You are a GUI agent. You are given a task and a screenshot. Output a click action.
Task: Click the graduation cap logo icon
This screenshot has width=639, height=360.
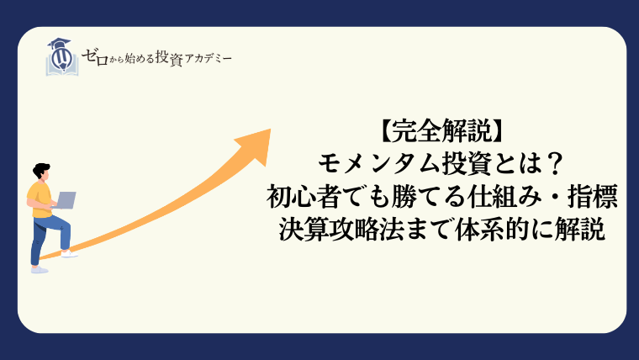[62, 57]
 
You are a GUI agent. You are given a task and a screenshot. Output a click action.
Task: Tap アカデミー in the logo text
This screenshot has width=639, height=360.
[209, 59]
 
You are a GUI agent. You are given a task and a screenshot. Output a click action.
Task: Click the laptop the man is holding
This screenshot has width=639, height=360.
[65, 200]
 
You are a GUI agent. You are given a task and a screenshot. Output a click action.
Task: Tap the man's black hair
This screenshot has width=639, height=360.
[40, 170]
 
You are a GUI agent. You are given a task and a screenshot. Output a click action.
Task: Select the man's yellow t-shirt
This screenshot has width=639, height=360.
[40, 199]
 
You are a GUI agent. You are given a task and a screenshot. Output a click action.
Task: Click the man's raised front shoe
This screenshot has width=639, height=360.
[69, 253]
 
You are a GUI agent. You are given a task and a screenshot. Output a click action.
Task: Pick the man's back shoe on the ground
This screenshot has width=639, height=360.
[40, 269]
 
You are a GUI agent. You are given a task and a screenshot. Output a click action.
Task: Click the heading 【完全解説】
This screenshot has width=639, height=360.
[441, 131]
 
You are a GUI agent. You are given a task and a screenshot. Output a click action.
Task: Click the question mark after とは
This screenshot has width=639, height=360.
[553, 164]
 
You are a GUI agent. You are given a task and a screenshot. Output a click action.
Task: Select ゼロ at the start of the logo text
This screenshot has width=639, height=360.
[95, 57]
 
